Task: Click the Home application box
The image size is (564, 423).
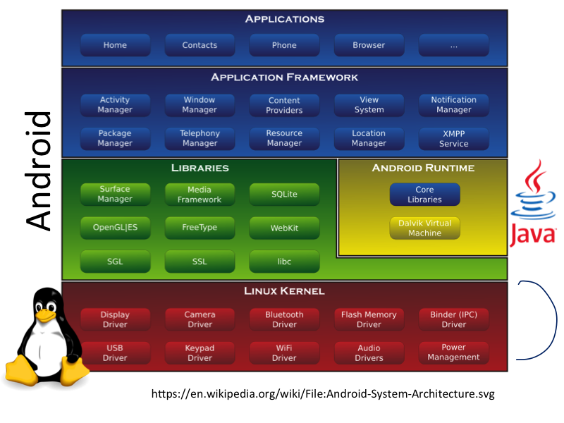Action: pos(115,45)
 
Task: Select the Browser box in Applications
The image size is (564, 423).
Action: pos(369,45)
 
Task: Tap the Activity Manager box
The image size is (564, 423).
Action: pos(115,105)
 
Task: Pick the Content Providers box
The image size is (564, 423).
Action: pos(284,105)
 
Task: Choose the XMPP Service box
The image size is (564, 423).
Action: pos(453,138)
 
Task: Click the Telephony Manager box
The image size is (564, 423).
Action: pos(200,138)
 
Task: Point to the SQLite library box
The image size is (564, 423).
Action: pos(284,194)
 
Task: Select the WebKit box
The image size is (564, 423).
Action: pos(284,228)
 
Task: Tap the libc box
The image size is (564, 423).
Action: pos(284,262)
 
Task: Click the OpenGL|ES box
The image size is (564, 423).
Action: pos(115,228)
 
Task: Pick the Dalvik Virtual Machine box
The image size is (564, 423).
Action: pos(424,228)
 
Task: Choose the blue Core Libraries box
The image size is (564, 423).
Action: pos(424,195)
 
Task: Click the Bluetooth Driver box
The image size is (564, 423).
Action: pos(284,319)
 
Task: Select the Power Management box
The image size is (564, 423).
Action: pos(453,352)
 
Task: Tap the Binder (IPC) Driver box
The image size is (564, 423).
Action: pos(453,319)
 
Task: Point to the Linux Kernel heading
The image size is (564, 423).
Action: pos(284,290)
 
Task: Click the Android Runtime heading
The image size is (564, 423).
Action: pos(423,168)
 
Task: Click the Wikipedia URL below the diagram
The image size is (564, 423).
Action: pos(323,393)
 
